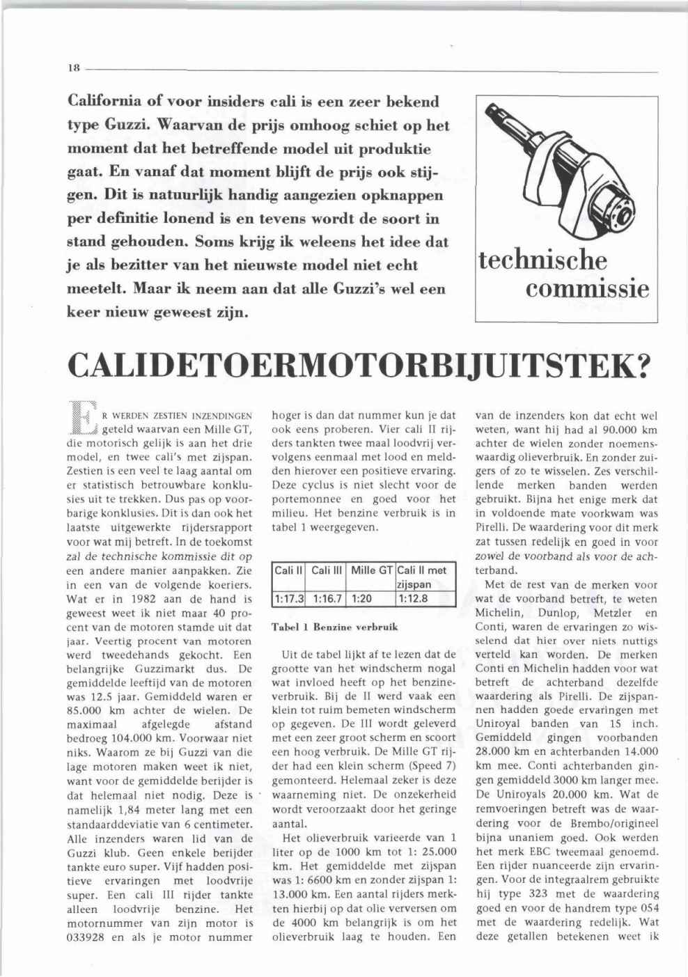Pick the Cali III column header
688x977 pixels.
(x=327, y=570)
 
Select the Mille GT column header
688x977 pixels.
(x=372, y=570)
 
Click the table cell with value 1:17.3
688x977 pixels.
(x=289, y=597)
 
